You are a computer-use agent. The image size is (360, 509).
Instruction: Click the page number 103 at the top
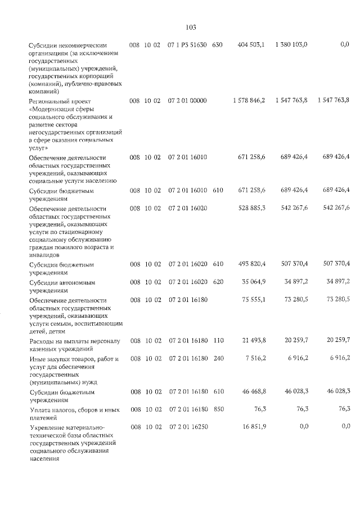coord(190,27)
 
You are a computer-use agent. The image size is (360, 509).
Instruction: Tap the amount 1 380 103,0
coord(291,44)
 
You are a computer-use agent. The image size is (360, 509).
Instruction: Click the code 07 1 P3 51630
coord(187,44)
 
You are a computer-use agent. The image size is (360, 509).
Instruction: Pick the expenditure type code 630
coord(218,44)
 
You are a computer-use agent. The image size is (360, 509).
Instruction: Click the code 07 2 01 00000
coord(187,100)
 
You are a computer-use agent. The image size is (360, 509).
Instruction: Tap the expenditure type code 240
coord(218,358)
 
